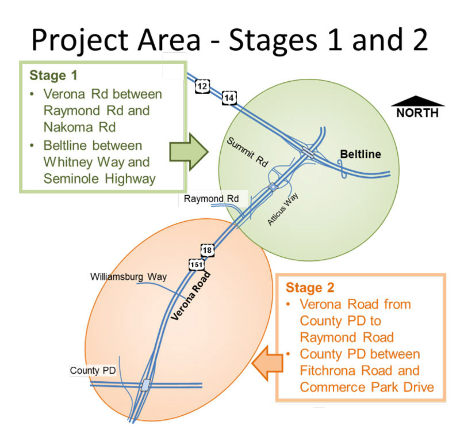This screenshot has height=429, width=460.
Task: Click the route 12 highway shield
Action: (x=202, y=86)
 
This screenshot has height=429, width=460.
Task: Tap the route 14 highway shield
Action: (x=229, y=98)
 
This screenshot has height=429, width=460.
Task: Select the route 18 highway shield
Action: (x=208, y=250)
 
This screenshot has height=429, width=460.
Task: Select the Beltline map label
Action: (x=361, y=154)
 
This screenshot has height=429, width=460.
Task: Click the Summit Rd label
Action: (x=246, y=153)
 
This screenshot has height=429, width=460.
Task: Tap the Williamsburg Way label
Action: (x=128, y=276)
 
